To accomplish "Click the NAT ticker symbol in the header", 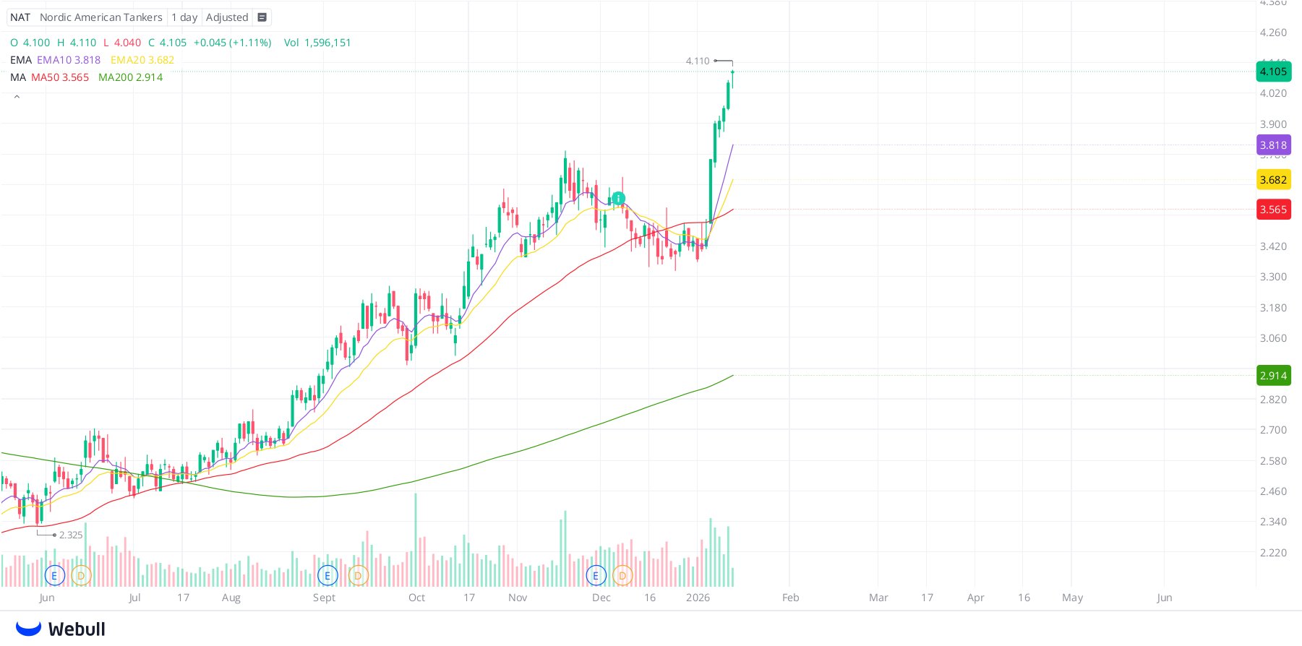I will tap(20, 17).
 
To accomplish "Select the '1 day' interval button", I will tap(184, 17).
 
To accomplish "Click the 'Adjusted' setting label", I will tap(227, 17).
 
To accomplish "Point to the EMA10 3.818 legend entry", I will tap(69, 60).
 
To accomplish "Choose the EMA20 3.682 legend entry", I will tap(142, 60).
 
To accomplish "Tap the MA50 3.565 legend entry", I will tap(60, 77).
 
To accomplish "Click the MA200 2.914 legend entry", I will tap(130, 77).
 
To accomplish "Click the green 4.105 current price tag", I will tap(1273, 72).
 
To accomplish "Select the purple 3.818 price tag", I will tap(1273, 145).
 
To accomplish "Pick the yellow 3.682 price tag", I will tap(1273, 180).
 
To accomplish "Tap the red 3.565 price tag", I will tap(1273, 210).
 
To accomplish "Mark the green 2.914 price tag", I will tap(1273, 376).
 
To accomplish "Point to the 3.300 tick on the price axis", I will tap(1273, 277).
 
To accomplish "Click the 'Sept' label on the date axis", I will tap(324, 598).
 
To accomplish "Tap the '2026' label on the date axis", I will tap(698, 598).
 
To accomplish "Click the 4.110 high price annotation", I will tap(698, 61).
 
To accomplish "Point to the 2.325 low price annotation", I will tap(71, 535).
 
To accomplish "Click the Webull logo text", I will tap(77, 629).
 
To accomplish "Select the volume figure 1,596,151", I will tap(327, 43).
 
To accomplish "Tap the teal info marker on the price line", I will tap(618, 198).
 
